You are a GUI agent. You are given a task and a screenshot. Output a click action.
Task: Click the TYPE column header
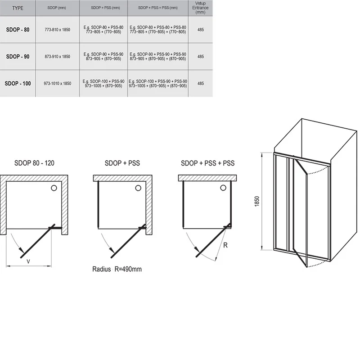(x=18, y=8)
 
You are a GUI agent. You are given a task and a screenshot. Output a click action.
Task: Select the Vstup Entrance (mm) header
(x=200, y=8)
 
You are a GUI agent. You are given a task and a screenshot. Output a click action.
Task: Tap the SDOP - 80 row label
(x=18, y=30)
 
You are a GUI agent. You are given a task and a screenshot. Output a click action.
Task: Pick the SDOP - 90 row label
(x=18, y=57)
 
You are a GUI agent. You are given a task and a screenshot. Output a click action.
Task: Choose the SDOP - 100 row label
(x=18, y=83)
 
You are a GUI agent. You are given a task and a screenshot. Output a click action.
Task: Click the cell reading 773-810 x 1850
(x=58, y=30)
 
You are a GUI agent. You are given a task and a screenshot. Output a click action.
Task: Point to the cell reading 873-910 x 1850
(x=58, y=57)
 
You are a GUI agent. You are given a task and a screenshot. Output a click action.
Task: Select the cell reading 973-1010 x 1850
(x=58, y=83)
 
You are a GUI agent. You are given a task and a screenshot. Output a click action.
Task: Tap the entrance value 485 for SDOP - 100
(x=200, y=83)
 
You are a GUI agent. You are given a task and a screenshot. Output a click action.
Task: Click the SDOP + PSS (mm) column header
(x=105, y=8)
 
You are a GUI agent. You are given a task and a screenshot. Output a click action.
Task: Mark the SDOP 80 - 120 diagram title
(x=34, y=163)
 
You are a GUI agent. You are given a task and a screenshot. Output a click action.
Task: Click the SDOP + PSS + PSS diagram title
(x=207, y=163)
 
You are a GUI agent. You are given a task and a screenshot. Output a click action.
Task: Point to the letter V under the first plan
(x=28, y=261)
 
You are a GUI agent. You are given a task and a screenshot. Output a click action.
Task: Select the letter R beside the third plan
(x=225, y=245)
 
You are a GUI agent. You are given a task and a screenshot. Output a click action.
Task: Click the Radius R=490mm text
(x=117, y=269)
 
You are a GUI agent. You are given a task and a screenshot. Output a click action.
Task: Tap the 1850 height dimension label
(x=257, y=201)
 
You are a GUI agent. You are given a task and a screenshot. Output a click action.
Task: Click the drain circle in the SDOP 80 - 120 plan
(x=54, y=188)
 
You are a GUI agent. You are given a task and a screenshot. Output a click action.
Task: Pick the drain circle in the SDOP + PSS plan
(x=138, y=188)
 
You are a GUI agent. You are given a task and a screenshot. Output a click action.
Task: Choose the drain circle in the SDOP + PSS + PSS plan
(x=223, y=188)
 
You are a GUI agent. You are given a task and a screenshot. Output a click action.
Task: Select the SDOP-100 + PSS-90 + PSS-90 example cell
(x=158, y=83)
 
